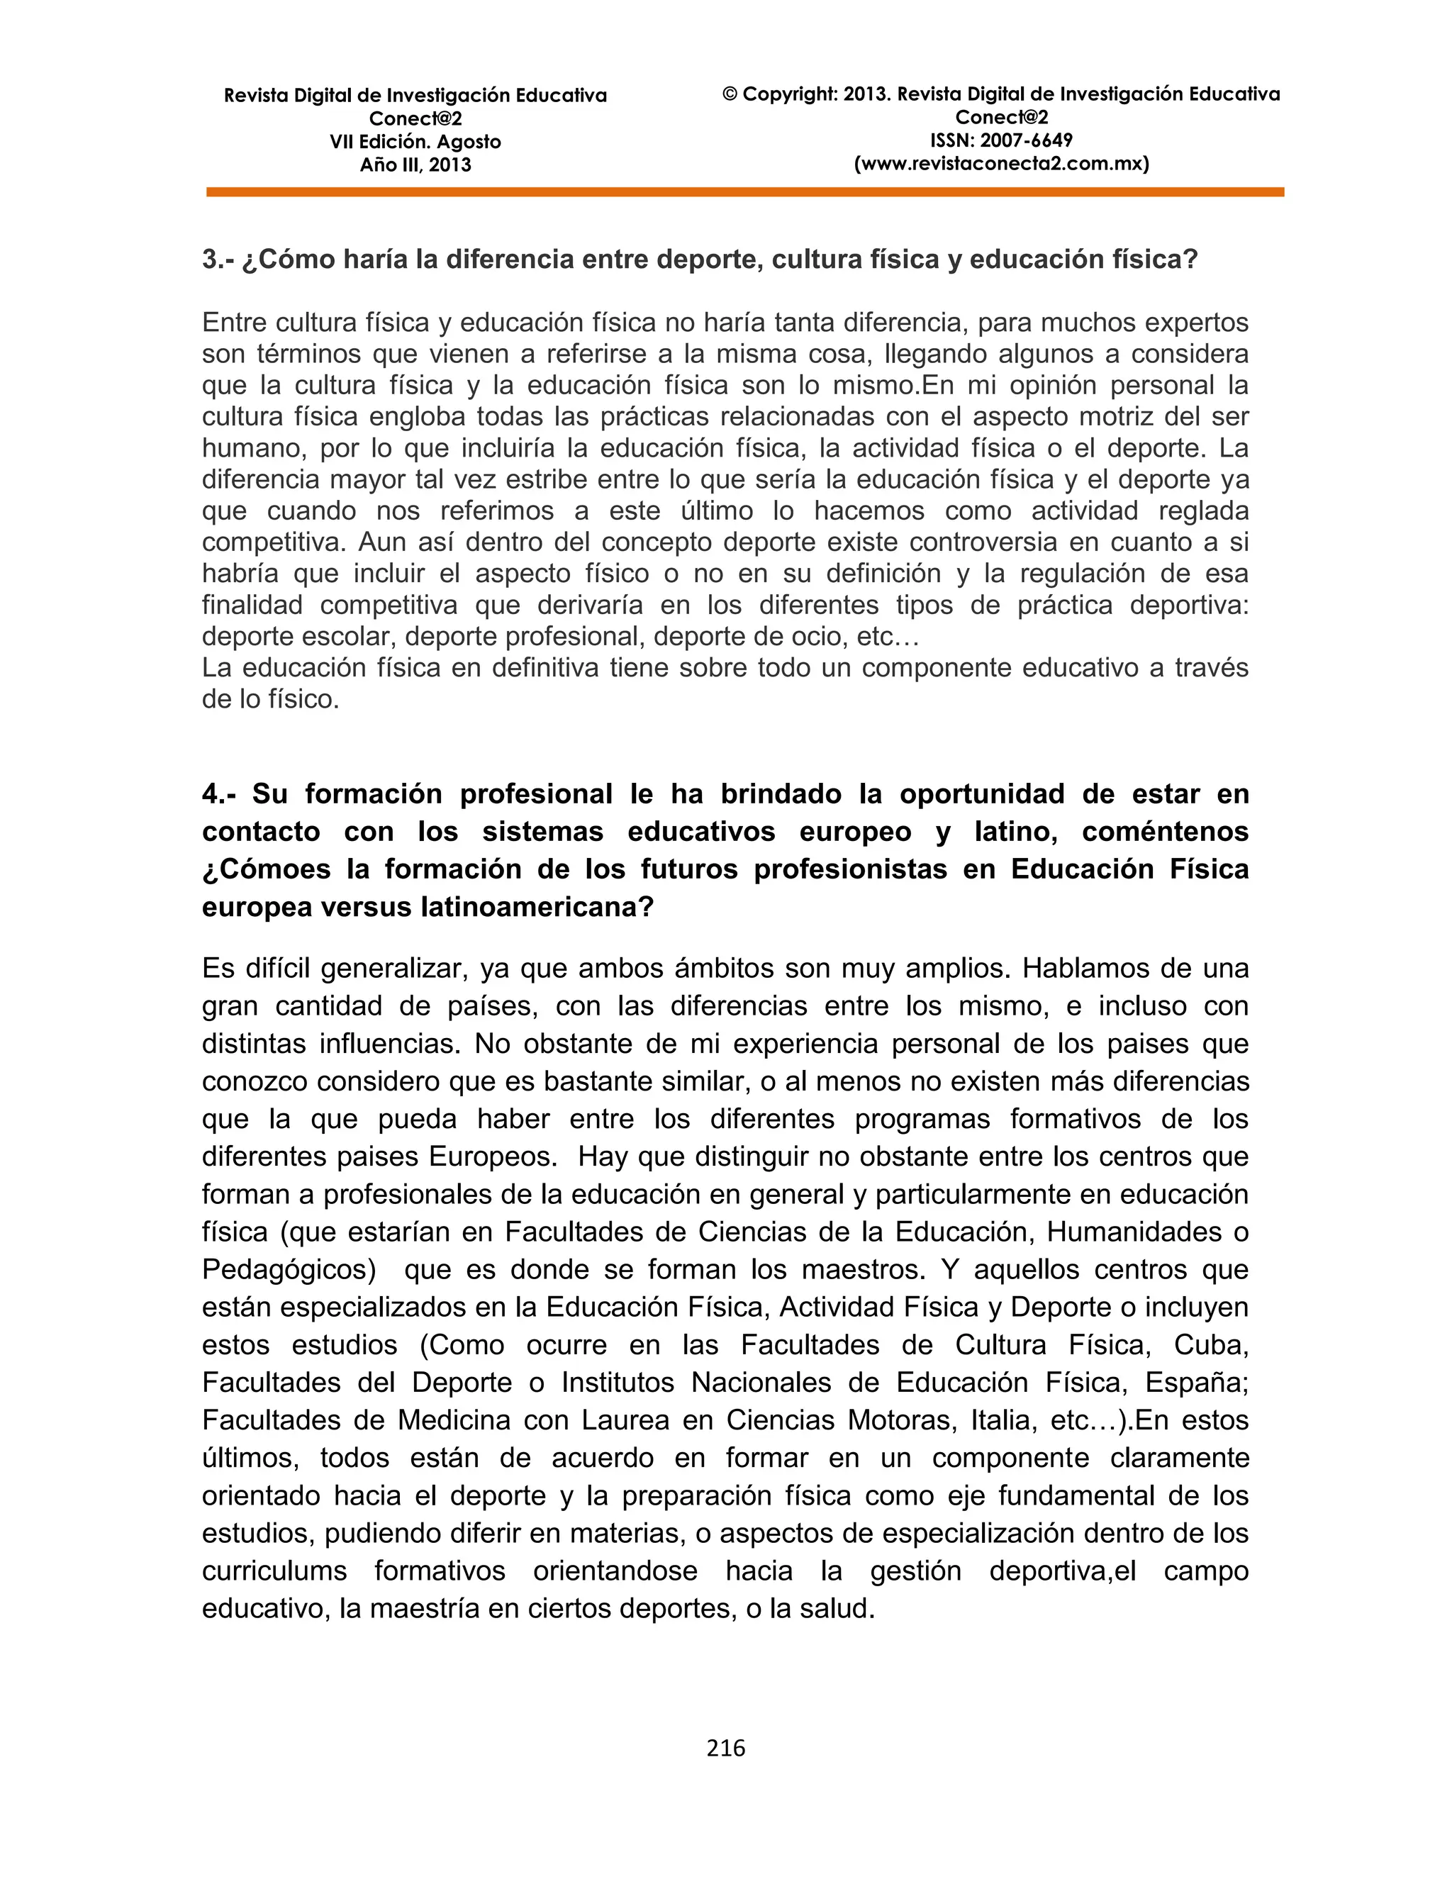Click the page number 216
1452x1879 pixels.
(x=725, y=1747)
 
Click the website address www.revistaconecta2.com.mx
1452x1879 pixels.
(x=1001, y=164)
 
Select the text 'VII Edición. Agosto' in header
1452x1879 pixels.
(x=415, y=142)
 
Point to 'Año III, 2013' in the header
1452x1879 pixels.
(x=415, y=165)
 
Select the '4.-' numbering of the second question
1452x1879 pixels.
(x=222, y=793)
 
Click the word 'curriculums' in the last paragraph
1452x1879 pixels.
(x=274, y=1571)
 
